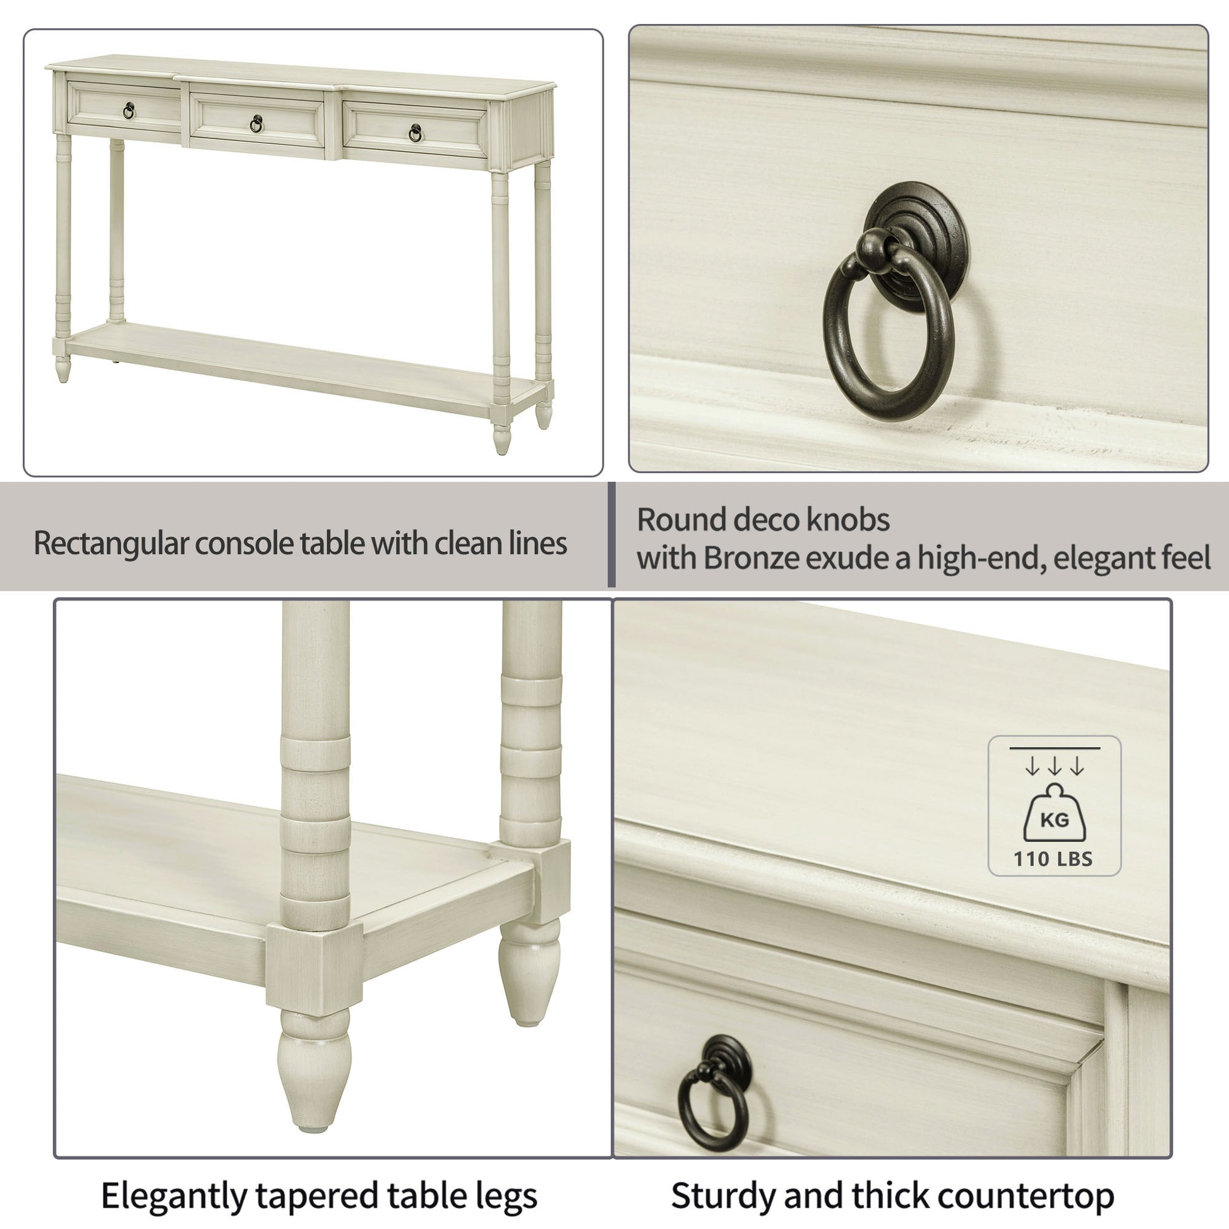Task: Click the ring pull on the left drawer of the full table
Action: point(128,111)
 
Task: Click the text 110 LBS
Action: point(1053,860)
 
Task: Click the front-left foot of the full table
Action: point(63,369)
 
